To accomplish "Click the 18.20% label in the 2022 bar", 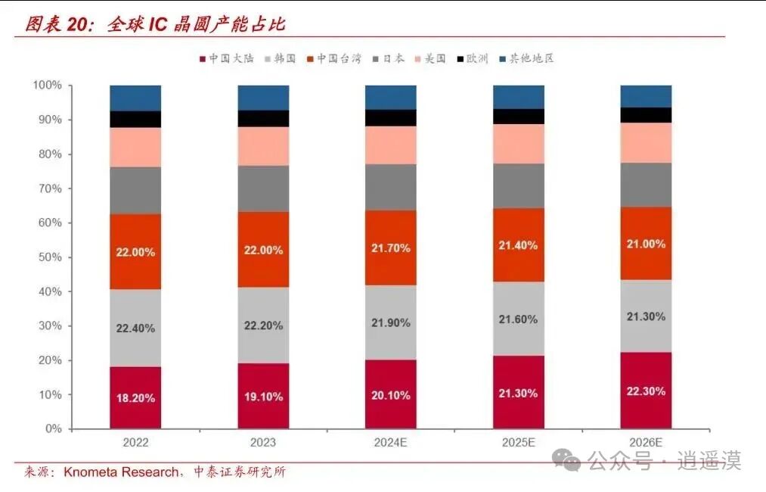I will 135,397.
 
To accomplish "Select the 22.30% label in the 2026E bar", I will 646,391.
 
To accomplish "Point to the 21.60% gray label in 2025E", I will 518,319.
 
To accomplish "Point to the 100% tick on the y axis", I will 47,86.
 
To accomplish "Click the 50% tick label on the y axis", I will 50,257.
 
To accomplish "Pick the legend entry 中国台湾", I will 337,58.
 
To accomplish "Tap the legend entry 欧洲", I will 476,58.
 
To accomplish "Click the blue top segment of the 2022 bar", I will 135,98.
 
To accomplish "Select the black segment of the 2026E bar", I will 646,114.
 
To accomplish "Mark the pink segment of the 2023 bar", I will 263,146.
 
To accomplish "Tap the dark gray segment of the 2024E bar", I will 390,187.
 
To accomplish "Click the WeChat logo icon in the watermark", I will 566,459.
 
